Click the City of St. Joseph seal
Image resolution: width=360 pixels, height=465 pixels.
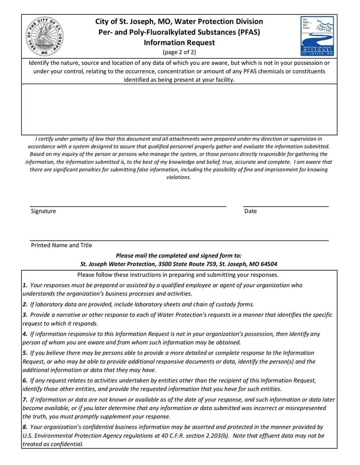coord(45,36)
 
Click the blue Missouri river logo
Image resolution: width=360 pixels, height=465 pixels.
coord(317,36)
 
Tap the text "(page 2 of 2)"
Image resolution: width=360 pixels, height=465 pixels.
coord(179,52)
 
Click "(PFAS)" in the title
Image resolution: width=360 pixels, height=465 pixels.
coord(249,32)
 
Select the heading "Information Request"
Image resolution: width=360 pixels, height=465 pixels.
coord(179,43)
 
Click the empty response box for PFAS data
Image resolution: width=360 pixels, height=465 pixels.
coord(179,109)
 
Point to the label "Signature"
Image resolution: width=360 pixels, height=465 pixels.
coord(43,211)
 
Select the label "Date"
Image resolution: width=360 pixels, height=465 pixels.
coord(251,211)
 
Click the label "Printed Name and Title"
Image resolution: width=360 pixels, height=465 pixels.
coord(61,245)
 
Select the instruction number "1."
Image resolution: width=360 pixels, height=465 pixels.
coord(25,285)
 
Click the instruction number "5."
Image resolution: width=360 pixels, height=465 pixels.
coord(25,353)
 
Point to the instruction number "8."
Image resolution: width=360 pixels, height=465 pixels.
coord(25,427)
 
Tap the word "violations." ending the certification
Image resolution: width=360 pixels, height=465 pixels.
coord(179,177)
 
